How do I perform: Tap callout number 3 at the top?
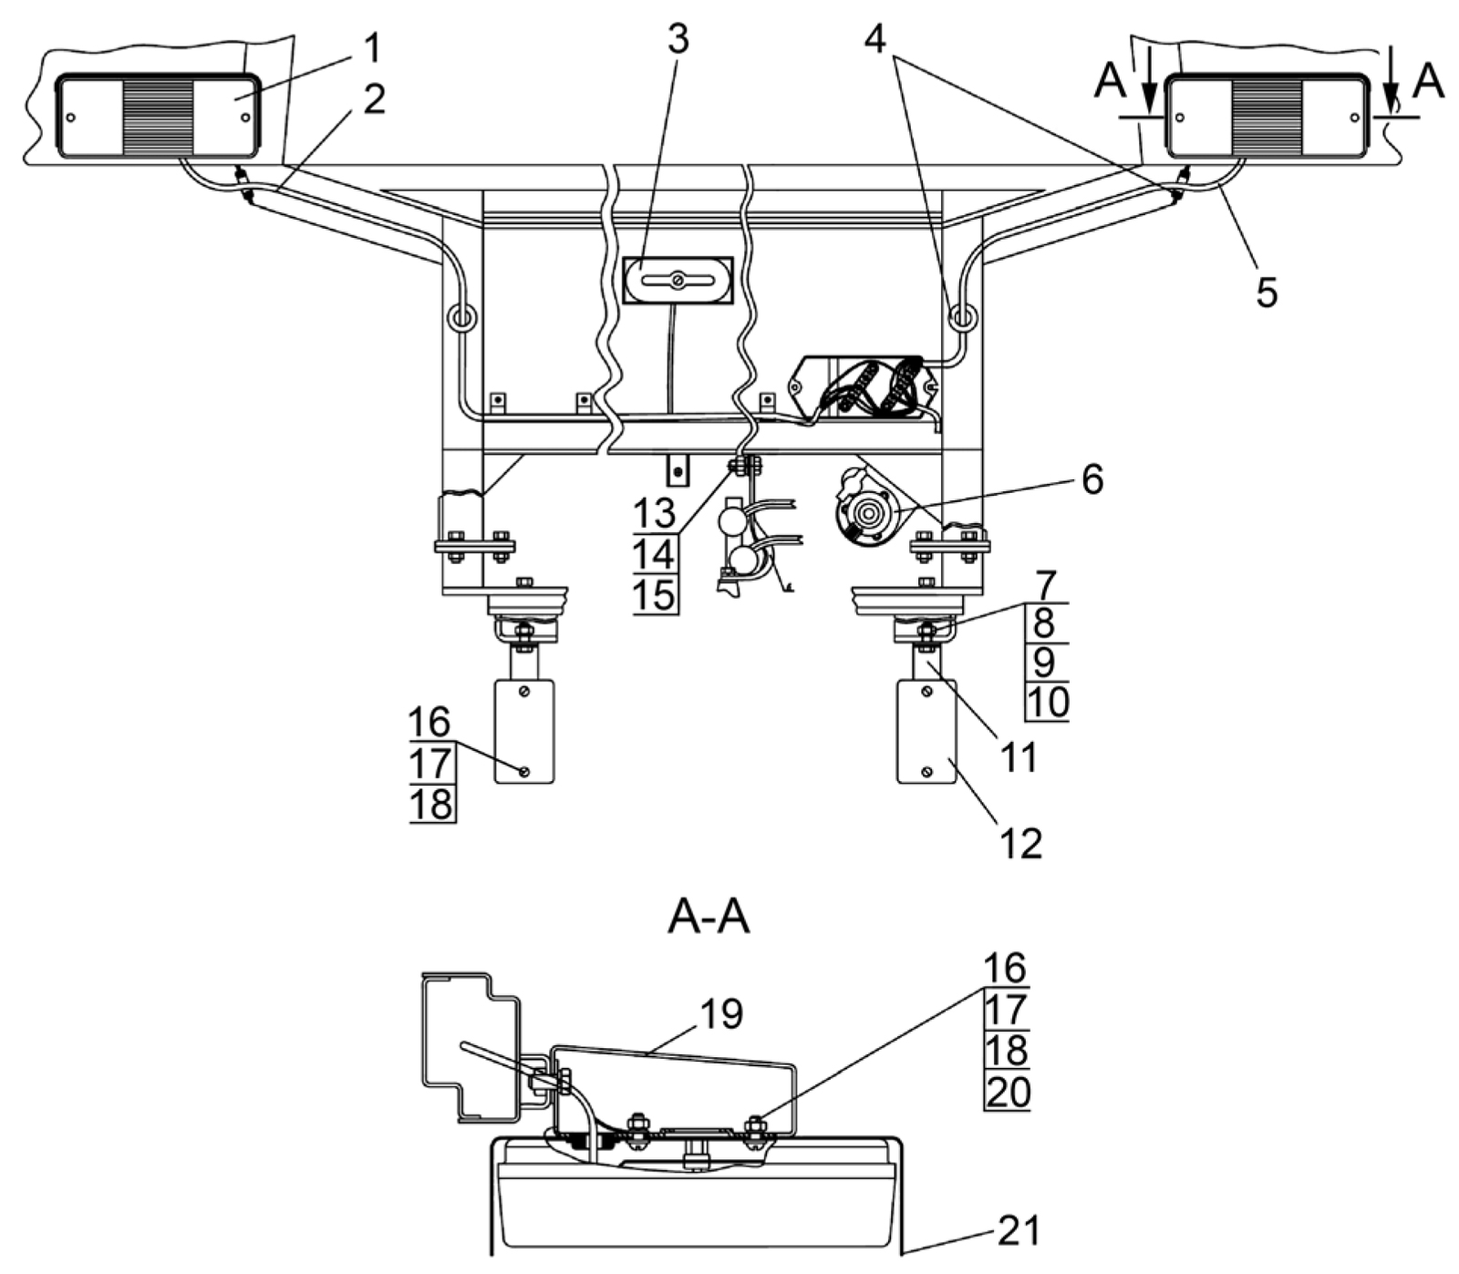click(x=678, y=38)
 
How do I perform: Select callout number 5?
click(x=1267, y=292)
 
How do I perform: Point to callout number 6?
click(x=1092, y=478)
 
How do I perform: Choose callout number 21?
click(x=1019, y=1231)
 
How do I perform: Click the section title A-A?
click(x=709, y=919)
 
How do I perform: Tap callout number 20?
click(x=1008, y=1091)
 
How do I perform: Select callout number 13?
click(x=655, y=514)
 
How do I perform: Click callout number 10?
click(x=1048, y=702)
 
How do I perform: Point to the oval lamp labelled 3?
click(x=678, y=281)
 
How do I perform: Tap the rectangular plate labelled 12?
click(x=927, y=731)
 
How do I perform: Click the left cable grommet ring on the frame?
click(x=460, y=318)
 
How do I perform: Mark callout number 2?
click(x=373, y=98)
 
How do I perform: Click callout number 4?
click(x=875, y=38)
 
